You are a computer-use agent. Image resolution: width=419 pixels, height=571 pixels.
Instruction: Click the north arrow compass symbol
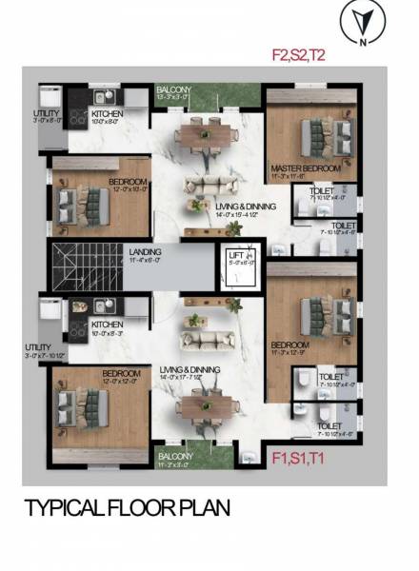[359, 23]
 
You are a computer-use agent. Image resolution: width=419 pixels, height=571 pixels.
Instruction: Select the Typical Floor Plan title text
[127, 507]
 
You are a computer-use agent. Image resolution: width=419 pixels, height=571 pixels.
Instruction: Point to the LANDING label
[146, 251]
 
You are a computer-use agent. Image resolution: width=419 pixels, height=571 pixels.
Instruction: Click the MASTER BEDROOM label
[306, 168]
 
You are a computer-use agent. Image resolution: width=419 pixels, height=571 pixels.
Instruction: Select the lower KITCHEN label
[108, 325]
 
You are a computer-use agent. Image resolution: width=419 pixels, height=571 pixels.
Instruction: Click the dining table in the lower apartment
[203, 406]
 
